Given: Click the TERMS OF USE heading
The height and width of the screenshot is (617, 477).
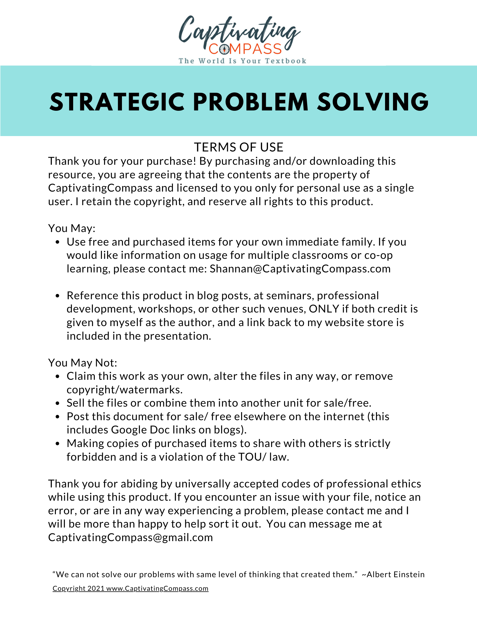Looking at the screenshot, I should tap(238, 147).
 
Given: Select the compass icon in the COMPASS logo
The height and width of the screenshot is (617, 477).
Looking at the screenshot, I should tap(224, 49).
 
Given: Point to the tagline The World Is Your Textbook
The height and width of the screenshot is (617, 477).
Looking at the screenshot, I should tap(243, 61).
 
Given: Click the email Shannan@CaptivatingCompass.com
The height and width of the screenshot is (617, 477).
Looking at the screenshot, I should tap(300, 269).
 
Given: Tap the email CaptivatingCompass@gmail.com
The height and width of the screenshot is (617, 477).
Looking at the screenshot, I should tap(131, 537).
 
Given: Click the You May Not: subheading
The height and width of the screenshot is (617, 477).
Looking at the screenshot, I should tap(83, 363).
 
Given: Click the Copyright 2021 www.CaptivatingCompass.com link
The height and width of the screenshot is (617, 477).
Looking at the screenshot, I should tap(131, 588).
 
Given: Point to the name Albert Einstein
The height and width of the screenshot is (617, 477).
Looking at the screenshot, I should tap(395, 574).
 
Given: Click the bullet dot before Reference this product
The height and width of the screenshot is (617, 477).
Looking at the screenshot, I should tap(57, 296).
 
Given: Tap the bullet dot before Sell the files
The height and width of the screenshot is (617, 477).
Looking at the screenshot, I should tap(57, 403).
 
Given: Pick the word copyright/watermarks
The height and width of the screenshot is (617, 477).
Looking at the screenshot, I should tap(124, 390).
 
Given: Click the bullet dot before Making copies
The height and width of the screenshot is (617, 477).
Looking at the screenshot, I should tap(57, 444).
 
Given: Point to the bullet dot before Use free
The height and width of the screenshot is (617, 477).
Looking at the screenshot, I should tap(57, 242).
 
